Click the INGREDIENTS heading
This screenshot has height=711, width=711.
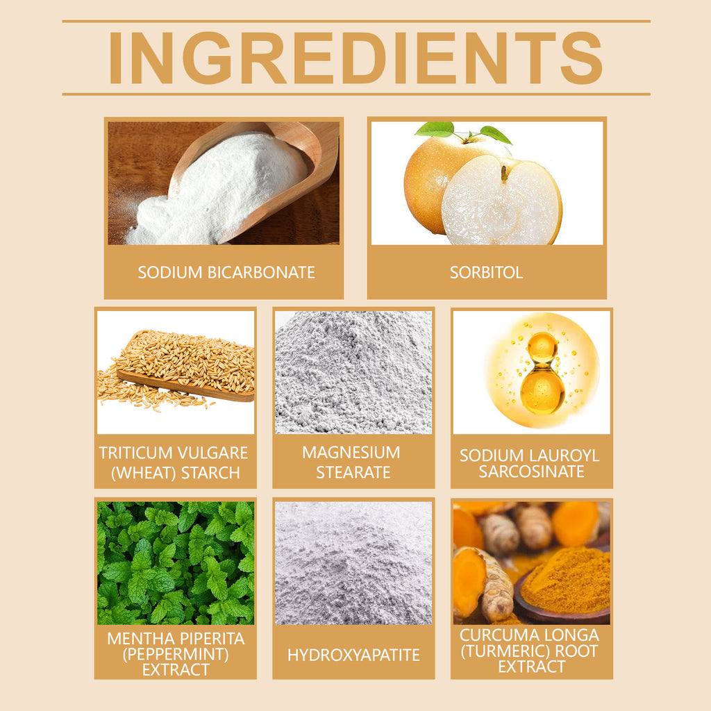coord(355,58)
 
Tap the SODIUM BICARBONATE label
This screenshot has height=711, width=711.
coord(226,272)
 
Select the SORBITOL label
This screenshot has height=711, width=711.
coord(486,272)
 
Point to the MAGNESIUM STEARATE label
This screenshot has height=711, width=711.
coord(352,462)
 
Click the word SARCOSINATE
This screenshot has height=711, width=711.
coord(531,472)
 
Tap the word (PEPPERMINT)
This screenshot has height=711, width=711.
coord(176,654)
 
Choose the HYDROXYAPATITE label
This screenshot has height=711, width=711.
coord(353,655)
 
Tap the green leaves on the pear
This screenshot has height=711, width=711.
coord(462,132)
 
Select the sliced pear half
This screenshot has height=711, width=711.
coord(502,199)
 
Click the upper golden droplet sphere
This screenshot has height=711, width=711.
coord(542,348)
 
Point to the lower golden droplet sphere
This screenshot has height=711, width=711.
coord(542,392)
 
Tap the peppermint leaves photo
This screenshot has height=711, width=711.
coord(176,562)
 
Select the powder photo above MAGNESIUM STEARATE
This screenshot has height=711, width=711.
coord(353,372)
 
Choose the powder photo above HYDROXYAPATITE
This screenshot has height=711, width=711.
coord(353,562)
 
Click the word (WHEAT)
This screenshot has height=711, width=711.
coord(143,473)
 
